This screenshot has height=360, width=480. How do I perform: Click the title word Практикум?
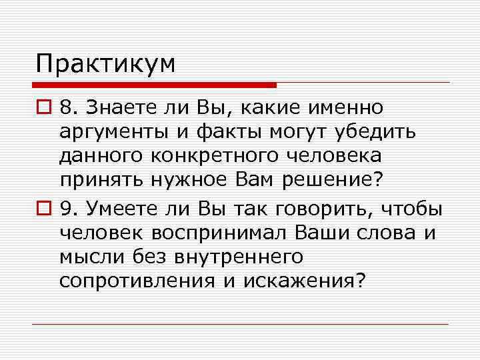coord(106,64)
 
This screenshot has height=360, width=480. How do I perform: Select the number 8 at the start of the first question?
coord(65,107)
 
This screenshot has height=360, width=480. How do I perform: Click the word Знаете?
coord(114,107)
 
